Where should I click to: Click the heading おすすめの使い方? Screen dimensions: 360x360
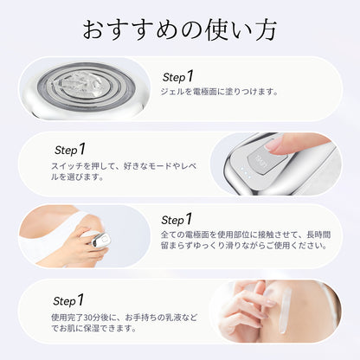180,29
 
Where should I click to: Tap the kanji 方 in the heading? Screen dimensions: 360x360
266,29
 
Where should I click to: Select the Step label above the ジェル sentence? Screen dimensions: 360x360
177,77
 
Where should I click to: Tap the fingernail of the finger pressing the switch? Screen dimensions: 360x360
273,144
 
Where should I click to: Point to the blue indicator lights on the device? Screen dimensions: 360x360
246,171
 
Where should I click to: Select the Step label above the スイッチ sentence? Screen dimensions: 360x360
70,150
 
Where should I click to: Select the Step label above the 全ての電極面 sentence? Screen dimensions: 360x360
177,220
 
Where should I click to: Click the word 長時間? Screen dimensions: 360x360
318,235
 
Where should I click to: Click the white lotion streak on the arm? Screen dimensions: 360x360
286,309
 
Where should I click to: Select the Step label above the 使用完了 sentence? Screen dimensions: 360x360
68,300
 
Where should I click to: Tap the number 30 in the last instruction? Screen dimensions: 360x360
88,318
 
